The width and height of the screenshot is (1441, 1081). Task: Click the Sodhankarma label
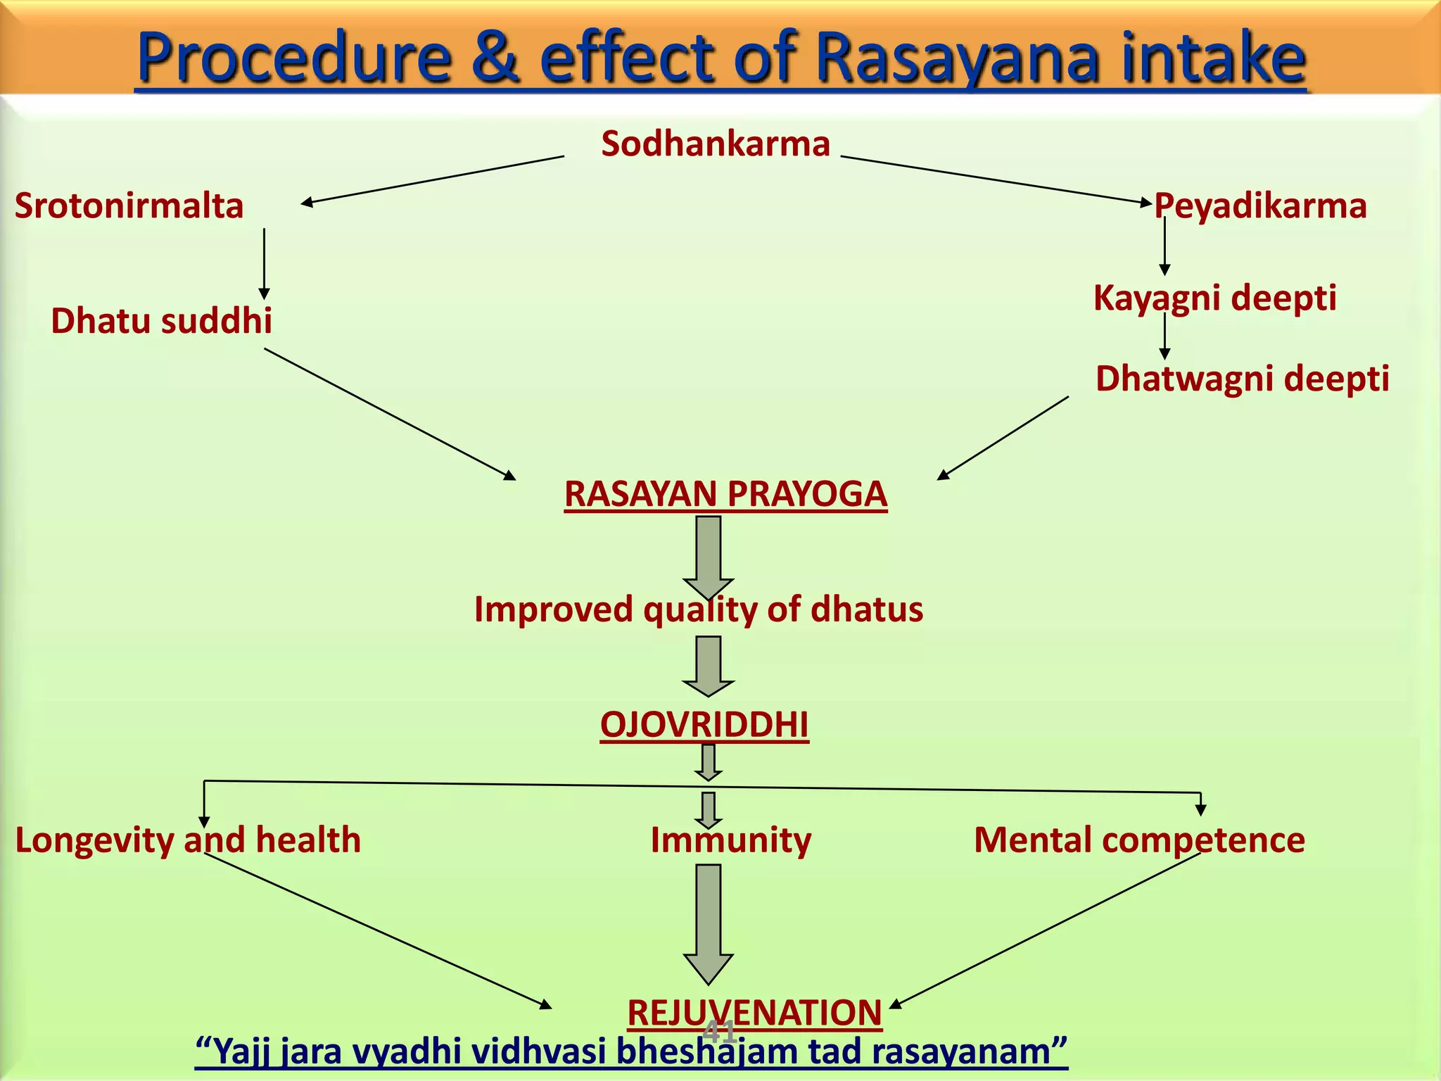716,144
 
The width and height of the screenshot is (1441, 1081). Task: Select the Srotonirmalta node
129,206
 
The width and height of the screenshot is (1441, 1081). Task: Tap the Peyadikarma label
1260,206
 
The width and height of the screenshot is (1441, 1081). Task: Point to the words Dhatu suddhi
161,321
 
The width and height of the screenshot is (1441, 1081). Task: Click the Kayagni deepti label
1214,298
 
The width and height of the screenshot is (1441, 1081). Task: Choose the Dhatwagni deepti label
1242,379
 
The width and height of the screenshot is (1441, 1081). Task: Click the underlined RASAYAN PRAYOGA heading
725,493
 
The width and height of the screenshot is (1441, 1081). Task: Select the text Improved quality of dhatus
698,609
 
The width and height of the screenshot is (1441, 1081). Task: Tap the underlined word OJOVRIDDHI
704,725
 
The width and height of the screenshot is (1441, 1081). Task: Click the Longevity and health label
188,840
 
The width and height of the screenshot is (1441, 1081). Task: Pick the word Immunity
730,840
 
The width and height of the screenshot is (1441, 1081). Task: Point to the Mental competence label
1138,840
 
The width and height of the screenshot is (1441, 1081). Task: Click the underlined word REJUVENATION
754,1013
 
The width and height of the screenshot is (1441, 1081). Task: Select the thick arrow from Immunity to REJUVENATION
709,922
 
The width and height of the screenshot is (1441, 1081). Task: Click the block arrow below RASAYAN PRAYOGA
709,556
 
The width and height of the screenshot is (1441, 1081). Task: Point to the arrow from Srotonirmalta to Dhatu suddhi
265,263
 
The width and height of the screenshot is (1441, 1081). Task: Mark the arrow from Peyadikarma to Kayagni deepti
1164,246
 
